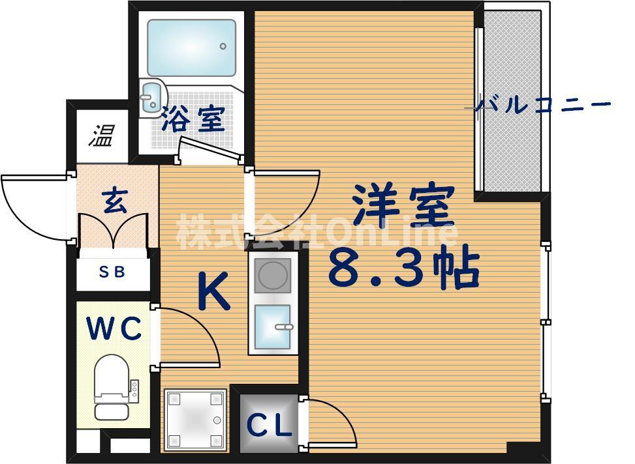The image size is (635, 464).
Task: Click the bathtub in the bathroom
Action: tap(191, 47)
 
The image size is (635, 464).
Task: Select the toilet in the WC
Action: tap(112, 387)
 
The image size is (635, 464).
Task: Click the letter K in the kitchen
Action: tap(213, 292)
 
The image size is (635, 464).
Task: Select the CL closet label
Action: tap(268, 426)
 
